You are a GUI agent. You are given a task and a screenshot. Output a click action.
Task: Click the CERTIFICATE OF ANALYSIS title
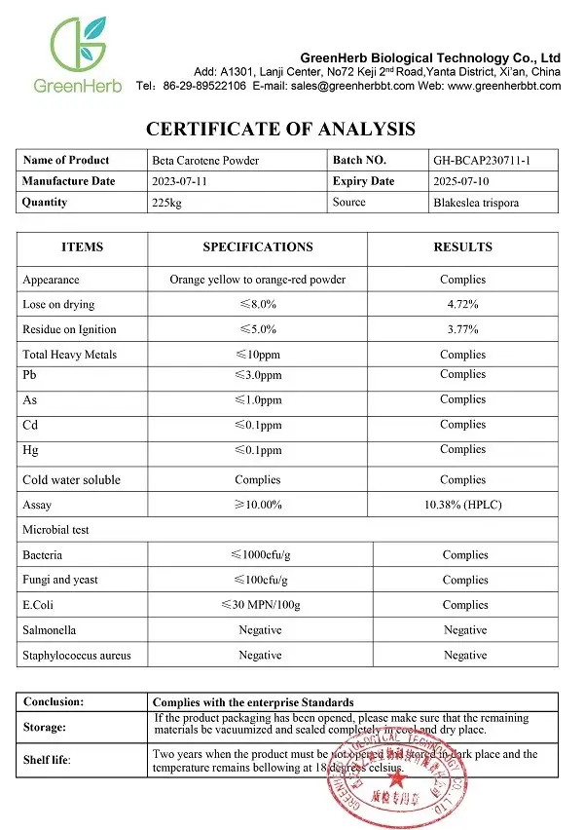(x=280, y=129)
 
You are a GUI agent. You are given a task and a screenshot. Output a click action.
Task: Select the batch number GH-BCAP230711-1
(x=481, y=161)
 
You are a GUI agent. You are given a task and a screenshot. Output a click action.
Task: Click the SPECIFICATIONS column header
(x=257, y=247)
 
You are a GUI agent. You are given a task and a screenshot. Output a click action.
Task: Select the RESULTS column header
(x=461, y=247)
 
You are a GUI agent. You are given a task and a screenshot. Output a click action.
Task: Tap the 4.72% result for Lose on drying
(x=462, y=305)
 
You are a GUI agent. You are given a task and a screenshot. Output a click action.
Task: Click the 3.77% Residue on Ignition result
(x=462, y=330)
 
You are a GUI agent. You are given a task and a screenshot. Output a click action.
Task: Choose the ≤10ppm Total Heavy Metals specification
(x=257, y=355)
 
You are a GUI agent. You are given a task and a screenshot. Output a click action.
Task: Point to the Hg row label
(x=30, y=450)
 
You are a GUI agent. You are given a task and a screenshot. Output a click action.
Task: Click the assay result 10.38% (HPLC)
(x=462, y=505)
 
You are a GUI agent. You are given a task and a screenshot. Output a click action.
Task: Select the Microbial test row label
(x=55, y=530)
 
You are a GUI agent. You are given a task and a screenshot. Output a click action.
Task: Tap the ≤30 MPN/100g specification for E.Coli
(x=260, y=605)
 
